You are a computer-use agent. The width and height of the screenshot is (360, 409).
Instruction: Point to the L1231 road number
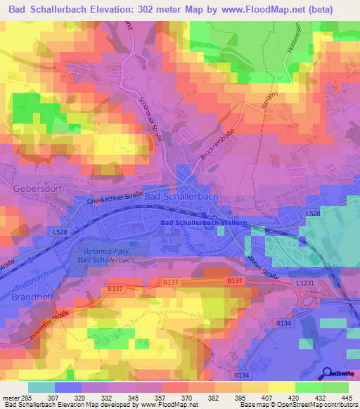coord(306,282)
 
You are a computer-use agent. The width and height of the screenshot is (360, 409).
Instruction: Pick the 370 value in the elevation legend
coord(187,397)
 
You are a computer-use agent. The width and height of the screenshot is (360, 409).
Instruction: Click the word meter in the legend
coord(10,397)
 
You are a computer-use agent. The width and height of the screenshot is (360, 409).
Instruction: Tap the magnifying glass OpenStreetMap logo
coord(327,373)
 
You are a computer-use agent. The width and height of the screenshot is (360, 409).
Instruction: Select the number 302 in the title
coord(161,8)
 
